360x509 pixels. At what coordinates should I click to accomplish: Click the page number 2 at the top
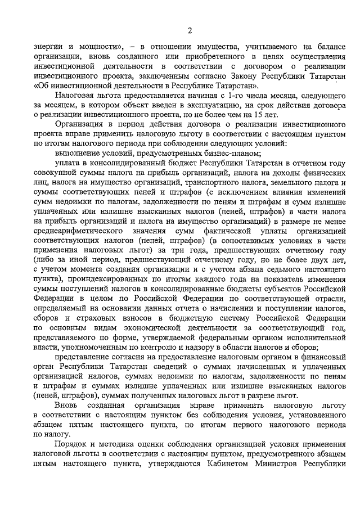190,30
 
